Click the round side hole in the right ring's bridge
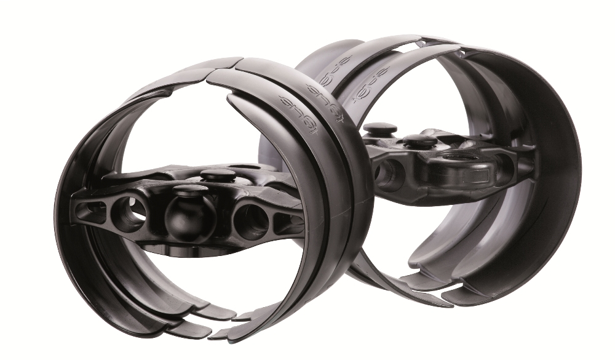click(384, 175)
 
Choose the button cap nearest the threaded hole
click(421, 141)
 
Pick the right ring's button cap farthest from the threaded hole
click(380, 130)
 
